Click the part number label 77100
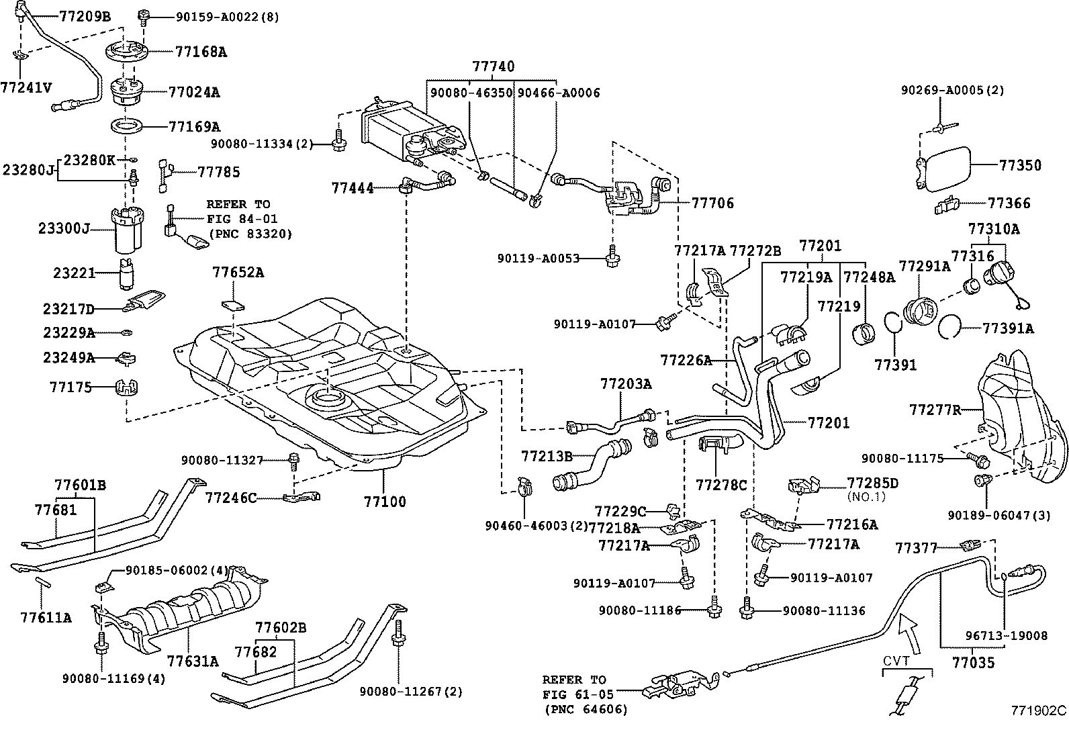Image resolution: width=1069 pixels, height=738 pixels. [x=385, y=502]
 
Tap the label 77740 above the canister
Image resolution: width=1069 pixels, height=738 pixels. [x=494, y=66]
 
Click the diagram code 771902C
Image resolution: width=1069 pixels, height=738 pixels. [x=1039, y=710]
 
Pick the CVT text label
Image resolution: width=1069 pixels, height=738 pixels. [x=896, y=661]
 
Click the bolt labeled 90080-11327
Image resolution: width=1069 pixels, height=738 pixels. [x=293, y=461]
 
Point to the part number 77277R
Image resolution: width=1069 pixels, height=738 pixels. [x=935, y=410]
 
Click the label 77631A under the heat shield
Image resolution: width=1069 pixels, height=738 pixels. [x=193, y=661]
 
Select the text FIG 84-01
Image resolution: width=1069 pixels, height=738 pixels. [x=242, y=219]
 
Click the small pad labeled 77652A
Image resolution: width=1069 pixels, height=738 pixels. [x=233, y=305]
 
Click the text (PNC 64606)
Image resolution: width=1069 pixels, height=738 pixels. [x=586, y=710]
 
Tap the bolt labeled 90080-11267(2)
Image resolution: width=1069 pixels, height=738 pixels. [x=398, y=633]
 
